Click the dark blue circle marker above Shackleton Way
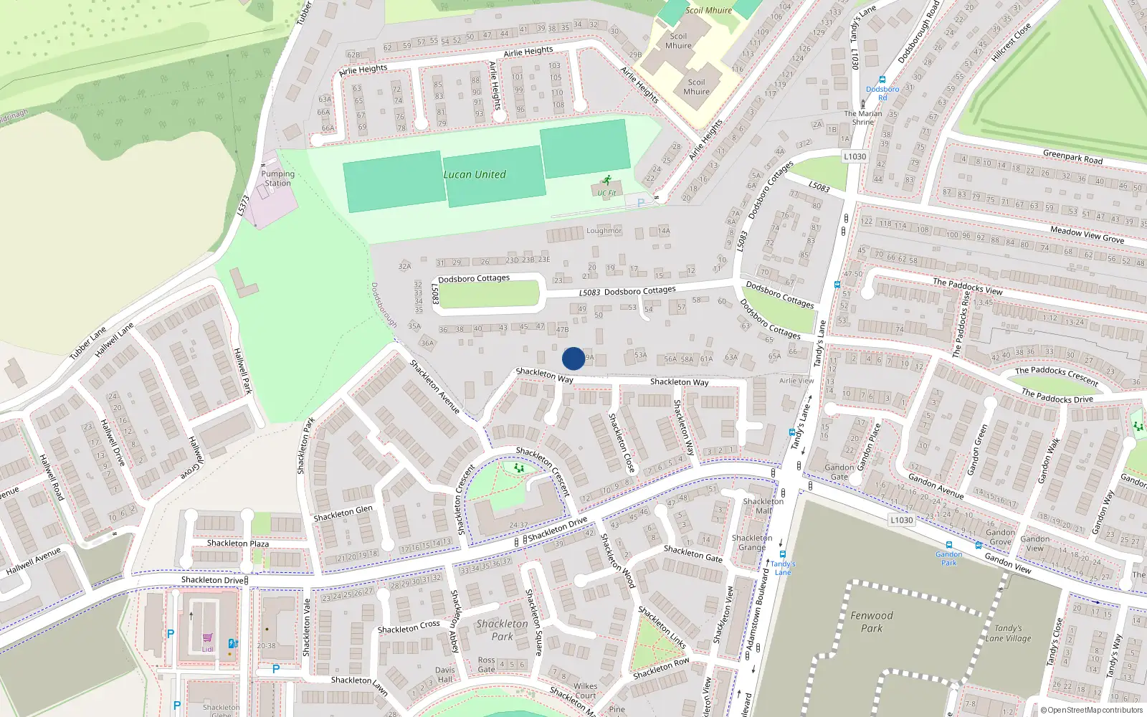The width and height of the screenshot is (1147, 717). (x=573, y=358)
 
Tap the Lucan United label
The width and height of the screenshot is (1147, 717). (x=474, y=174)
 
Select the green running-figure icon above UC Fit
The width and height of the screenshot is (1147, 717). (x=607, y=180)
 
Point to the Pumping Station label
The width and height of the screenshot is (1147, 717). (x=277, y=179)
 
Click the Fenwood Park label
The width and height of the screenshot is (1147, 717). (x=871, y=622)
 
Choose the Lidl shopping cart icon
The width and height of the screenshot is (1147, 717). (x=207, y=637)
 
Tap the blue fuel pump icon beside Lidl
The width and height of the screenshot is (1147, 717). (x=232, y=643)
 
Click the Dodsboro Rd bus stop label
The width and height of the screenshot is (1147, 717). (x=882, y=93)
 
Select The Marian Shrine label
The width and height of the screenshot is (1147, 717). (x=863, y=118)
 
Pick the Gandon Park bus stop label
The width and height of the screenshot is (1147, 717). (x=948, y=558)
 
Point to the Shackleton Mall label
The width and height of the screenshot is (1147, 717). (x=763, y=506)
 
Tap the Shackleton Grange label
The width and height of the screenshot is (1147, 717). (x=752, y=542)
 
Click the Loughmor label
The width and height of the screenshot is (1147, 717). (x=604, y=231)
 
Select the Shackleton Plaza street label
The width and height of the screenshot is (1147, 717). (x=238, y=543)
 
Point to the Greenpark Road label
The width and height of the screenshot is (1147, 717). (x=1072, y=157)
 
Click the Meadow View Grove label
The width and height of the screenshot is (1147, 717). (x=1087, y=234)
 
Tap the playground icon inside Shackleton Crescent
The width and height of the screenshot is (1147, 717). (x=519, y=467)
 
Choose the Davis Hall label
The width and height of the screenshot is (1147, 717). (x=444, y=675)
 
